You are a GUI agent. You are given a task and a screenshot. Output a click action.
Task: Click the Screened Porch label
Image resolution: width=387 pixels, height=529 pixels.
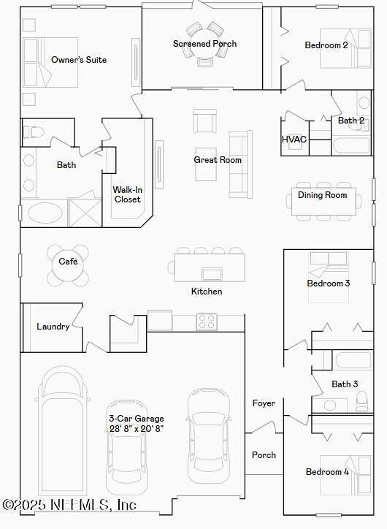(204, 44)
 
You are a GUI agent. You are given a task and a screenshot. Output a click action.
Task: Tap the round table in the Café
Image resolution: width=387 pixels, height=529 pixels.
(68, 265)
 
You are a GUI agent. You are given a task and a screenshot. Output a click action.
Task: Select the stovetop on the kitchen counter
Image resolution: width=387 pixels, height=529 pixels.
(207, 321)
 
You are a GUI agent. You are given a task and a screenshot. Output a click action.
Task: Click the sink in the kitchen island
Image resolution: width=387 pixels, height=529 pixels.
(212, 274)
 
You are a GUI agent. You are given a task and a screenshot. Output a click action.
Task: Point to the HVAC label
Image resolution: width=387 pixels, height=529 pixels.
(294, 139)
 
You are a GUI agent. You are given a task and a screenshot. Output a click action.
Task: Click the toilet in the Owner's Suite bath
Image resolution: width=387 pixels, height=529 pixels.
(33, 132)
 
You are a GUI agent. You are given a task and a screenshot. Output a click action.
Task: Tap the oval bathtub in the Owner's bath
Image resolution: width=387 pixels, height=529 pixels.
(45, 213)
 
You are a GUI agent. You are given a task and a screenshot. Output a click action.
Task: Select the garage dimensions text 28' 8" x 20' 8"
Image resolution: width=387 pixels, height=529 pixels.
(137, 428)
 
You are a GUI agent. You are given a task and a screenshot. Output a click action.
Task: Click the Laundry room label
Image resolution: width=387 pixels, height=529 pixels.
(53, 326)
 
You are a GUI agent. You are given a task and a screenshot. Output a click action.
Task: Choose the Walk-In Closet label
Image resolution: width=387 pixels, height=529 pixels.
(128, 194)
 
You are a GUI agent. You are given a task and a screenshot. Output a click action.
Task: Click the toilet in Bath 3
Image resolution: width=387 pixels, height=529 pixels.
(362, 401)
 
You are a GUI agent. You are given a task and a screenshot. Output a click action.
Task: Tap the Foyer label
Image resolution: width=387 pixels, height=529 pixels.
(264, 403)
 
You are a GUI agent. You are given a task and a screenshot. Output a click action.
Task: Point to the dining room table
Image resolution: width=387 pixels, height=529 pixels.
(323, 202)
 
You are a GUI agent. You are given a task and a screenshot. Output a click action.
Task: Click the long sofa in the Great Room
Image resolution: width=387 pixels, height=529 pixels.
(240, 164)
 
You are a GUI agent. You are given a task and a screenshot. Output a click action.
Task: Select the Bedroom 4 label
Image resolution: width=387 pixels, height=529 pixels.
(327, 472)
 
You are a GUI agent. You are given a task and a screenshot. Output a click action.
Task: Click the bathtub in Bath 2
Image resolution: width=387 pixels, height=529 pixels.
(351, 146)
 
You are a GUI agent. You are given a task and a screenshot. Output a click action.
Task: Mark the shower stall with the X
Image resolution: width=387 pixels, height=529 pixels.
(85, 213)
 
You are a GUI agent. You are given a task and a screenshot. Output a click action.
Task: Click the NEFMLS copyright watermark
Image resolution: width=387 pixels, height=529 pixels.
(69, 505)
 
